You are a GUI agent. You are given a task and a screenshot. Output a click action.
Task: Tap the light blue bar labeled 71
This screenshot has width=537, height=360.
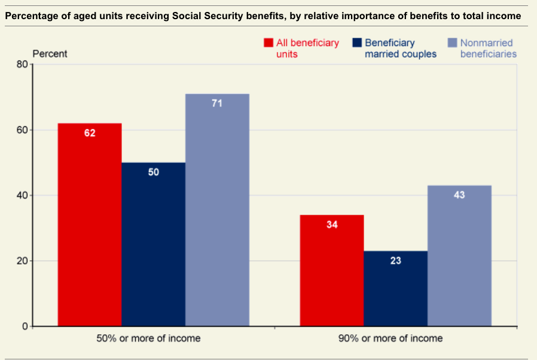[x=217, y=209]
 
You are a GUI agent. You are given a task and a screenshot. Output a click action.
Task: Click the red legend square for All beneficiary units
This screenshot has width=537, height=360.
[x=268, y=43]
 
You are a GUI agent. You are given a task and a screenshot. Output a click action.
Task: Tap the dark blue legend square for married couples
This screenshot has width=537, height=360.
[x=357, y=43]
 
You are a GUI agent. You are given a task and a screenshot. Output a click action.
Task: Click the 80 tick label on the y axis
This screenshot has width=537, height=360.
[x=23, y=65]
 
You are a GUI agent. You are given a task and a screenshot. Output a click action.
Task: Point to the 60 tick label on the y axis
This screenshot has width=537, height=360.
[x=23, y=130]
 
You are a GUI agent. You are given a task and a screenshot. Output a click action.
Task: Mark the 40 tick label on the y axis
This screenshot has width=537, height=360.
[x=23, y=196]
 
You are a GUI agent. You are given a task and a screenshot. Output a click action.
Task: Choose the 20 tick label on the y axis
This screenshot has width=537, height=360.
[x=23, y=261]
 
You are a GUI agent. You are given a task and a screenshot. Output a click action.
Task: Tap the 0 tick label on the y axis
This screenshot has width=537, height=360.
[x=25, y=327]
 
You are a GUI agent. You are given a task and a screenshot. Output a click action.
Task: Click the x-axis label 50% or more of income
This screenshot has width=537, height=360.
[x=148, y=338]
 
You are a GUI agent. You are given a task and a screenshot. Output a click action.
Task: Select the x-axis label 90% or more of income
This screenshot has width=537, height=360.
[x=391, y=338]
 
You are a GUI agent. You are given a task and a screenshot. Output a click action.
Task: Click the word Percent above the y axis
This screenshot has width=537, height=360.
[x=50, y=54]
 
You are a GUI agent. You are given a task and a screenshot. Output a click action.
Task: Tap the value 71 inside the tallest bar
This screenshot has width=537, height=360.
[x=217, y=103]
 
